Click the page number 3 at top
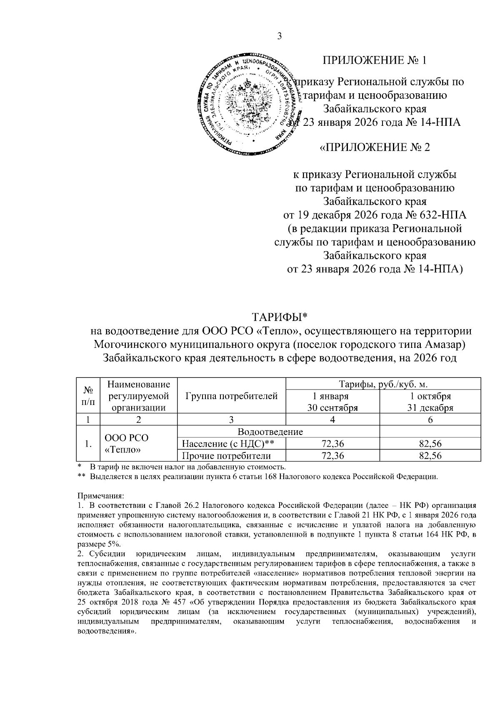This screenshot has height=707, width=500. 280,36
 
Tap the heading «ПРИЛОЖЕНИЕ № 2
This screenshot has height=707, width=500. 375,147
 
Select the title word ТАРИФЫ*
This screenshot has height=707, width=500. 280,317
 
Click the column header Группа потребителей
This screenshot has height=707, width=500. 232,396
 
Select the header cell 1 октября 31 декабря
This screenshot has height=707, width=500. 430,402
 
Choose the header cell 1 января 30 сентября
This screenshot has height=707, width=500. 332,402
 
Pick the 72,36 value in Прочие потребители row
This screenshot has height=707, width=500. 332,456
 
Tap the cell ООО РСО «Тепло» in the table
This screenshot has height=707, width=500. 126,444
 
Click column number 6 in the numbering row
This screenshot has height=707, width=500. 430,420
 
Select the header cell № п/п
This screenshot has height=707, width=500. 88,396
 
